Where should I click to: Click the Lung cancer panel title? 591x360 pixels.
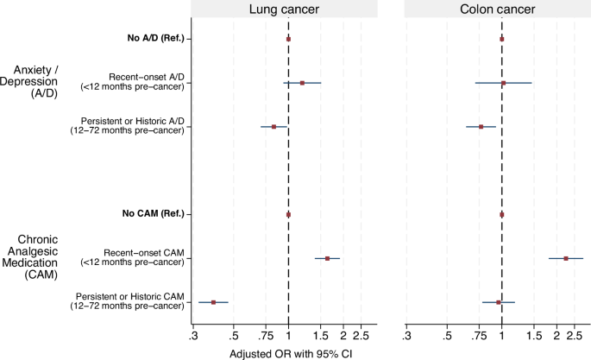click(287, 10)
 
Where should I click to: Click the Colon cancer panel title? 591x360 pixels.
click(500, 10)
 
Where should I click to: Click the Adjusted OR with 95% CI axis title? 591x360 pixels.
click(287, 353)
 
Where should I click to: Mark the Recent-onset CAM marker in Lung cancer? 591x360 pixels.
click(327, 258)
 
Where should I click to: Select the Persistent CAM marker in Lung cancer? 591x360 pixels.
click(213, 302)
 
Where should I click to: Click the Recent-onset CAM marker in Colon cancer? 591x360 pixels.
click(566, 258)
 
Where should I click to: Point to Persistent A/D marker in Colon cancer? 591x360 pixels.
click(481, 127)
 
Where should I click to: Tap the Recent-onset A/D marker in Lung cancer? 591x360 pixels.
click(302, 83)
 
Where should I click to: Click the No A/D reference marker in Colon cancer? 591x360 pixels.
click(501, 39)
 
